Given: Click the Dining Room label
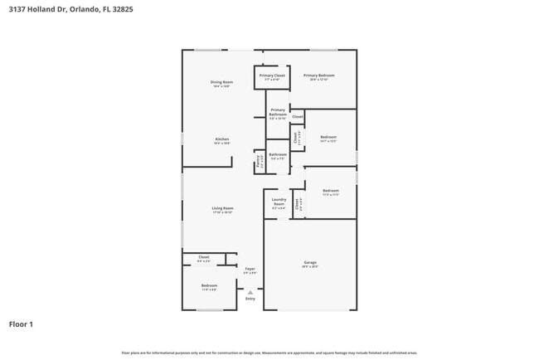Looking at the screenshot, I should click(x=221, y=81).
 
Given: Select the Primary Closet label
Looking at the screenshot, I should click(x=272, y=75).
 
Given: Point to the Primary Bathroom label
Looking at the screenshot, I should click(x=278, y=112).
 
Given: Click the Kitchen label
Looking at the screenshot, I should click(x=221, y=139).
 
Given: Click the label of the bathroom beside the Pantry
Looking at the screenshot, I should click(x=278, y=154).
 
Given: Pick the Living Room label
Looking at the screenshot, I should click(x=222, y=208).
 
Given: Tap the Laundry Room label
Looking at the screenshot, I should click(x=279, y=202).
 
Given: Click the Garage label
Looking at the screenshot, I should click(x=309, y=263).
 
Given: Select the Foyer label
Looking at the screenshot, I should click(x=250, y=269).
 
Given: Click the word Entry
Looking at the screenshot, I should click(x=250, y=299).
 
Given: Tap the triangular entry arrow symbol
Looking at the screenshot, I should click(x=250, y=292).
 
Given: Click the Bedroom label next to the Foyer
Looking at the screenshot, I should click(x=209, y=285).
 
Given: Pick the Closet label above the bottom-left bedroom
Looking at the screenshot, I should click(x=204, y=257).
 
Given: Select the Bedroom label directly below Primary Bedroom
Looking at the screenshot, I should click(x=328, y=137).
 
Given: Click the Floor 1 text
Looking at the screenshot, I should click(x=21, y=324).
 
